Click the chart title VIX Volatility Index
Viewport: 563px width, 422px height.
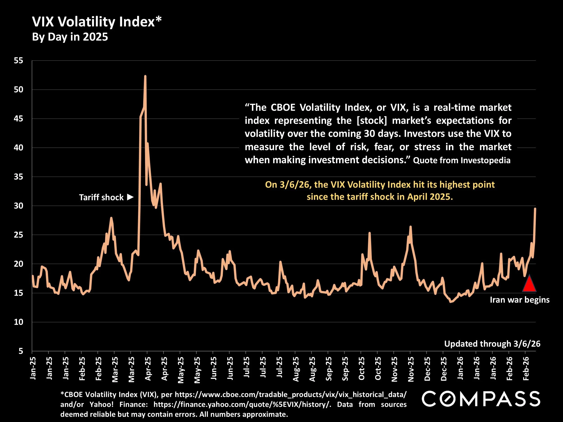[97, 22]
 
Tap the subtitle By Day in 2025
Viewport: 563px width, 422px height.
[70, 37]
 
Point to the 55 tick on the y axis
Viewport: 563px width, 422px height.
[18, 61]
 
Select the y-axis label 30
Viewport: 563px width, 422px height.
[18, 205]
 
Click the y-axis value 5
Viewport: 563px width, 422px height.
[21, 351]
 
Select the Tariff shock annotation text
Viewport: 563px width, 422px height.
[101, 197]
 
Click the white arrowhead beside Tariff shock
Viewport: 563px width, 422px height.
[130, 197]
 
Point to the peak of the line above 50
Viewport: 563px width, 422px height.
[145, 76]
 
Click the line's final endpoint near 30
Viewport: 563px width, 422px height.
[535, 209]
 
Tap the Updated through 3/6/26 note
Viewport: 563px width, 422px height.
[492, 344]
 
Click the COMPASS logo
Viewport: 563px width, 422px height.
[481, 399]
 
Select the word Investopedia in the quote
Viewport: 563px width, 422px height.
[485, 160]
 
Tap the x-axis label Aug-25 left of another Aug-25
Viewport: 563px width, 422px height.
[295, 369]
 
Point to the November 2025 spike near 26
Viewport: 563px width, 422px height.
[410, 227]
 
